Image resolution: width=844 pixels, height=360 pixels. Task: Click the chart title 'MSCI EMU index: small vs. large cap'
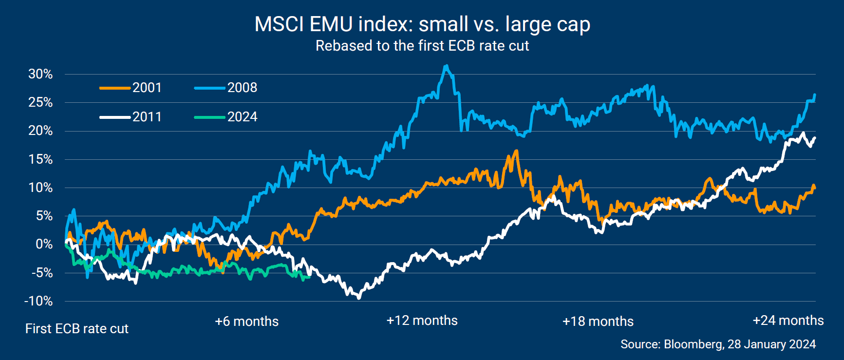click(x=422, y=24)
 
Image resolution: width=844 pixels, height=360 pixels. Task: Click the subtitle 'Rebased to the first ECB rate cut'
click(x=422, y=46)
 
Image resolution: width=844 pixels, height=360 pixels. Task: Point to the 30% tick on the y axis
click(x=40, y=74)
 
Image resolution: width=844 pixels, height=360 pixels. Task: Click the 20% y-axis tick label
click(x=40, y=131)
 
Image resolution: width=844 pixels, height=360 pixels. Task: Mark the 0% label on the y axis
click(x=44, y=245)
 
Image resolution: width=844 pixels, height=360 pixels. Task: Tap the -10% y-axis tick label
click(x=38, y=301)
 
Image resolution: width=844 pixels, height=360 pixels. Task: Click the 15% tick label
click(x=40, y=159)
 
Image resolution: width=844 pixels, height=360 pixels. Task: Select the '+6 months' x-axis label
click(x=247, y=322)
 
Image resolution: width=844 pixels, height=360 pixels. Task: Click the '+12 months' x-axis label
click(x=422, y=321)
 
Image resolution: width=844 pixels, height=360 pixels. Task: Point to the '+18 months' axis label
click(x=598, y=322)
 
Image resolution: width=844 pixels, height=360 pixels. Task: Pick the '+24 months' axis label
click(x=788, y=321)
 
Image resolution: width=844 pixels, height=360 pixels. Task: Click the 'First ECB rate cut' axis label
click(x=77, y=329)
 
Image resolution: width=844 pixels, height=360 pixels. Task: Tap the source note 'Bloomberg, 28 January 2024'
click(x=718, y=344)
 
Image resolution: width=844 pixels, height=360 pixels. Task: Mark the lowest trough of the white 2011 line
click(x=359, y=298)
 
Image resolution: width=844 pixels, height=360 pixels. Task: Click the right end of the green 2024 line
click(x=310, y=277)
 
